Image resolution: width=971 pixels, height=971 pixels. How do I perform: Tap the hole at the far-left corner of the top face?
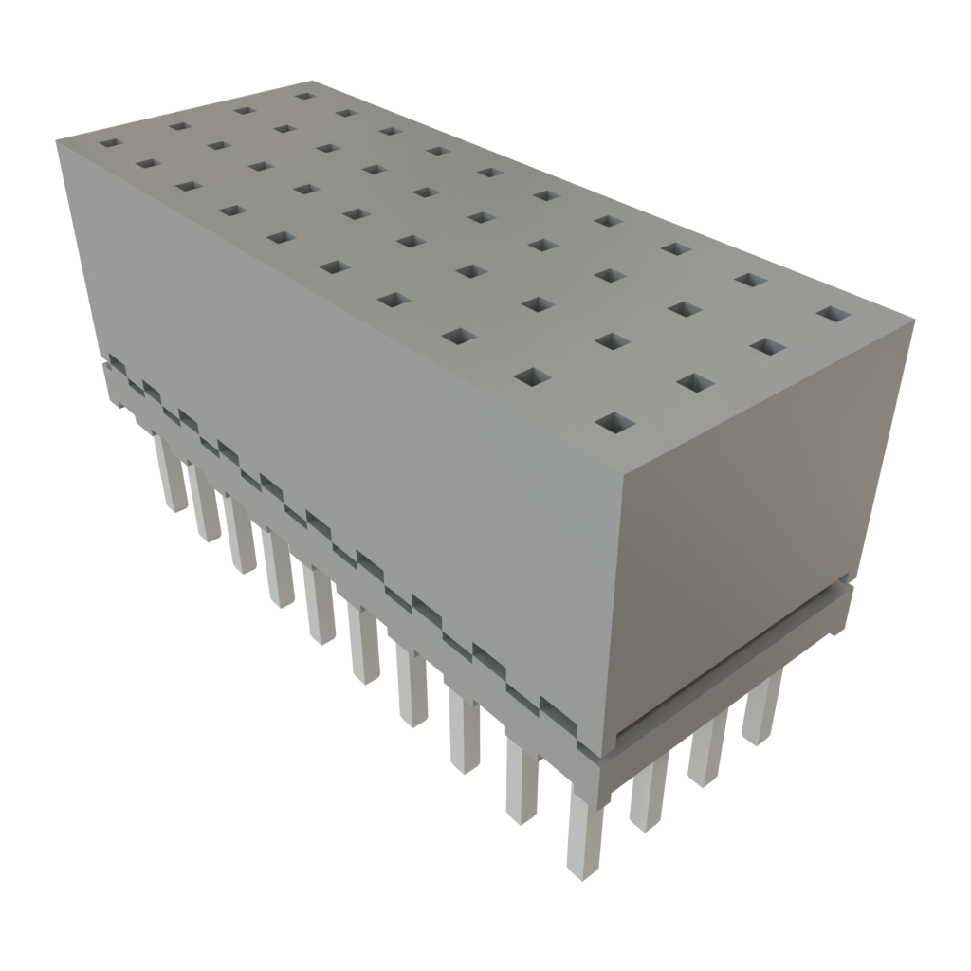pyautogui.click(x=111, y=144)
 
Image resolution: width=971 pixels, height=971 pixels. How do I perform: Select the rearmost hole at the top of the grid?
pyautogui.click(x=303, y=95)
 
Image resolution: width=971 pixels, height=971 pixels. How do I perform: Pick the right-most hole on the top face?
pyautogui.click(x=831, y=313)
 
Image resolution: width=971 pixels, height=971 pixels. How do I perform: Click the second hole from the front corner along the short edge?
pyautogui.click(x=695, y=381)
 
